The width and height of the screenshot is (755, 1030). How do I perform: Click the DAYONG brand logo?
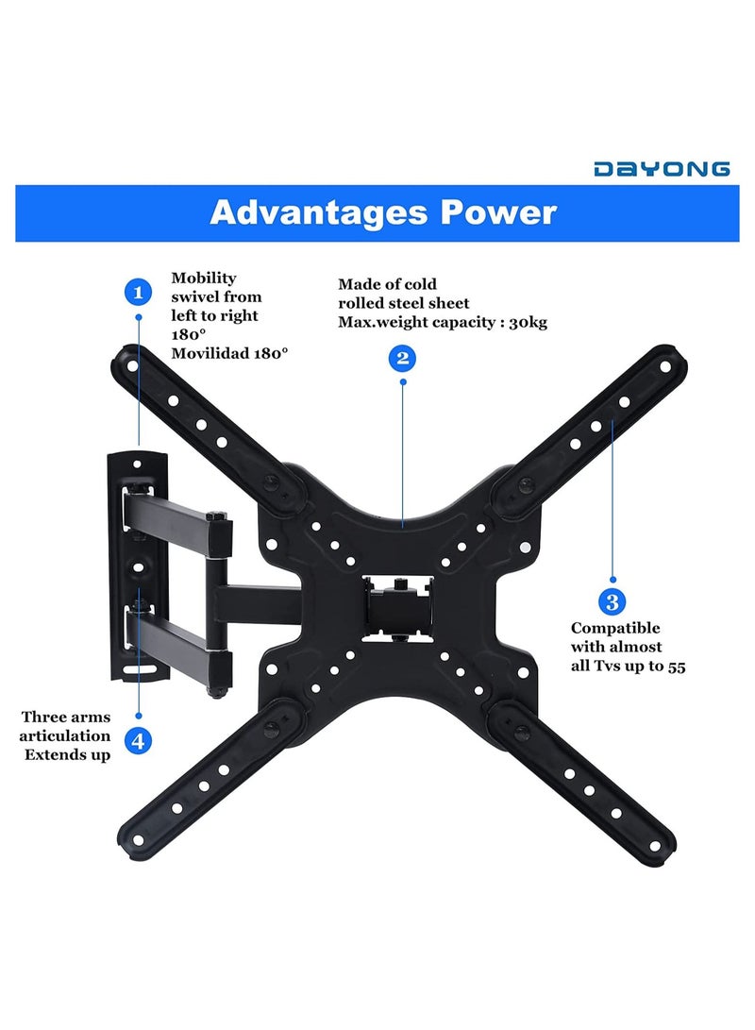click(661, 169)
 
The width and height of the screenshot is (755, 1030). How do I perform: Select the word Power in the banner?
click(499, 212)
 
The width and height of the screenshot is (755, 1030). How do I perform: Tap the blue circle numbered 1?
click(139, 292)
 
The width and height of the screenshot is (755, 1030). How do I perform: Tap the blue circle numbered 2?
click(403, 358)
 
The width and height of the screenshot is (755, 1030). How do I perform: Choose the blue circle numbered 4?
click(139, 740)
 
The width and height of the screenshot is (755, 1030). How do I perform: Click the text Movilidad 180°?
click(229, 352)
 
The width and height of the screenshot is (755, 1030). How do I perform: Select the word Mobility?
click(204, 278)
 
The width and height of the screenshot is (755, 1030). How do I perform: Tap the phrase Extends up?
click(67, 754)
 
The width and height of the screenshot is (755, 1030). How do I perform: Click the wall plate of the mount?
click(140, 564)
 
